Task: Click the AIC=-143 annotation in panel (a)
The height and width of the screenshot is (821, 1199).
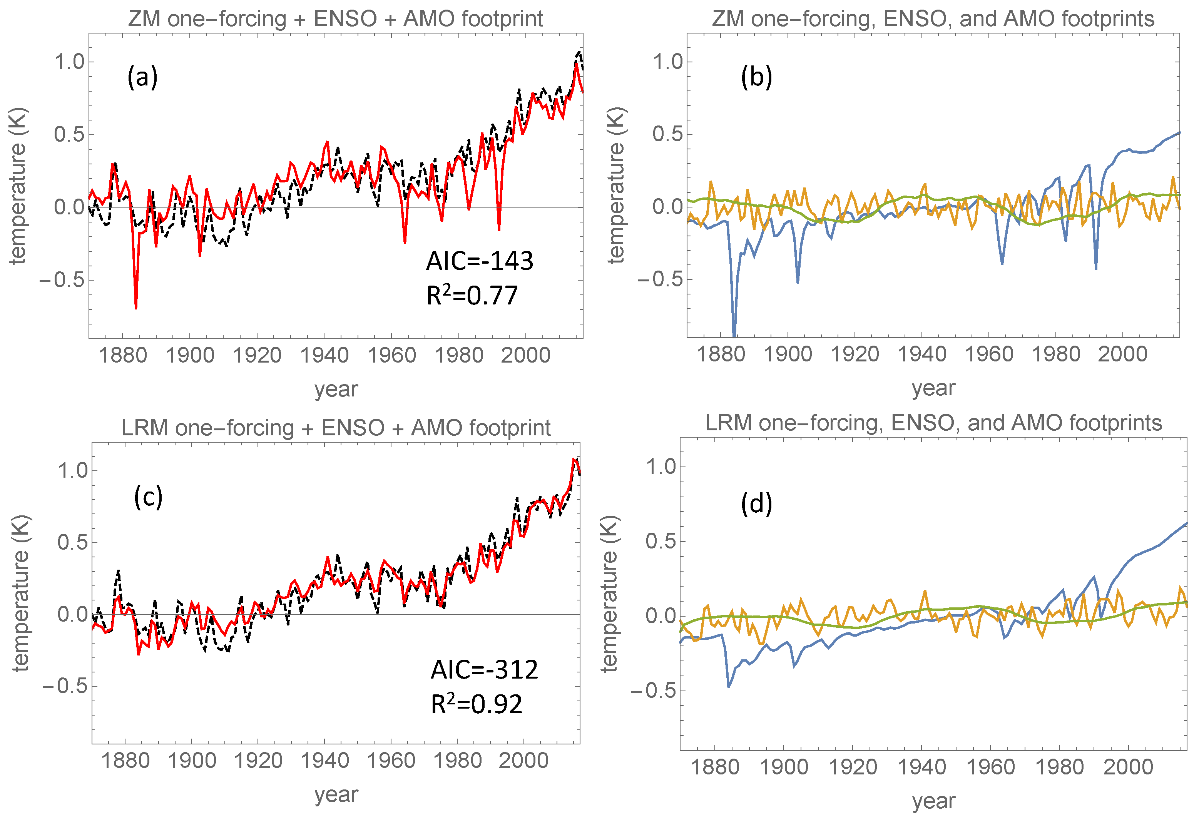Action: coord(479,261)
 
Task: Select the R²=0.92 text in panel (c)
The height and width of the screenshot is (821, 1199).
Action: coord(476,704)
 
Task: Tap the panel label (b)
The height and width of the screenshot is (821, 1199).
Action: coord(756,77)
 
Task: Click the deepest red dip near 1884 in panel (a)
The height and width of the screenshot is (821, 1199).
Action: coord(136,308)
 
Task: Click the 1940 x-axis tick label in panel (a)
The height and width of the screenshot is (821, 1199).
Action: coord(324,356)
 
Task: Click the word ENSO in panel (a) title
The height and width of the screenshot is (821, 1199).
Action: coord(345,19)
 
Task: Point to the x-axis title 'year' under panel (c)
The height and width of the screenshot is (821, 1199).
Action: coord(336,794)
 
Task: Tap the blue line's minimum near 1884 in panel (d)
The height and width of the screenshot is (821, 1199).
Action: coord(729,686)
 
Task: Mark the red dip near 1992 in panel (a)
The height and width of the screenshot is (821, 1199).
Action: coord(499,229)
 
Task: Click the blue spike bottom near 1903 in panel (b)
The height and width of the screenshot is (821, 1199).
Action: coord(798,282)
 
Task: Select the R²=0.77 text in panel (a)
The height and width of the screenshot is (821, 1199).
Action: coord(472,296)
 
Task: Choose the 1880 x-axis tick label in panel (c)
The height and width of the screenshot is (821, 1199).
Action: coord(125,761)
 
